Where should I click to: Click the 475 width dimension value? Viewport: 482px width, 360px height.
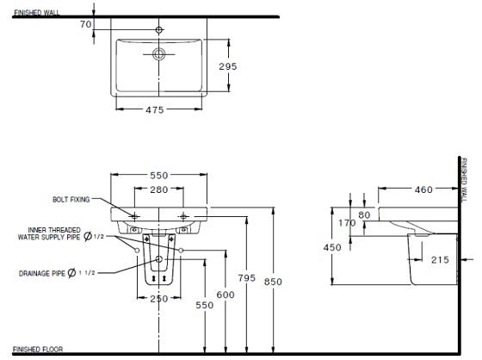156,110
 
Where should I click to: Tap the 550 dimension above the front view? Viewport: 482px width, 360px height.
160,175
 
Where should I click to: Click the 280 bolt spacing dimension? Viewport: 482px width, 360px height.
158,189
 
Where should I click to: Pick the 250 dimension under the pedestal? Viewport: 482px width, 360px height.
158,298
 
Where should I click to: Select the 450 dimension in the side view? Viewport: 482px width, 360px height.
320,246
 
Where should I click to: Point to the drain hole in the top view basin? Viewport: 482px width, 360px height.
158,54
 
